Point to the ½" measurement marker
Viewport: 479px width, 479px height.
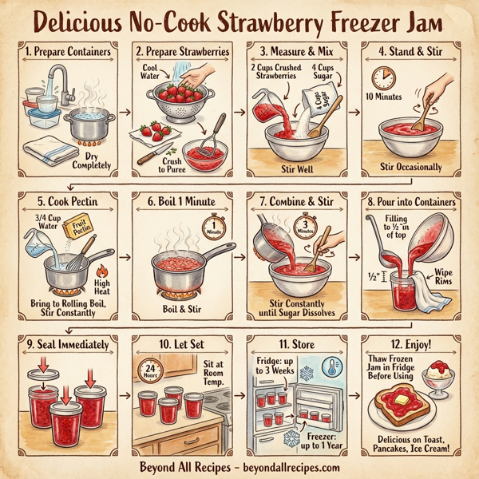click(x=374, y=278)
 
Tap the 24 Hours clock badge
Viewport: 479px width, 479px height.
click(x=149, y=368)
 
